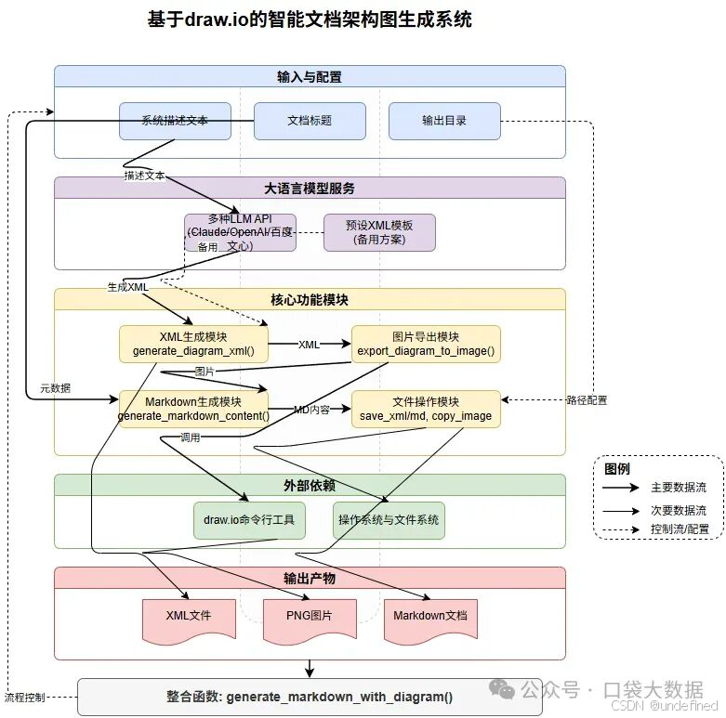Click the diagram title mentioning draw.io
pos(310,20)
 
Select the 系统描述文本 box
pos(175,121)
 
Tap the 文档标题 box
pos(310,121)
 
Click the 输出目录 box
pos(444,121)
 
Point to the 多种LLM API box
pos(240,232)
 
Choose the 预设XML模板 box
pos(379,232)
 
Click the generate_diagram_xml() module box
pos(193,344)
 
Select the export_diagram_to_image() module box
pos(426,344)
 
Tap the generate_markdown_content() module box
pos(193,409)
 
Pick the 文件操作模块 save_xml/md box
pos(426,409)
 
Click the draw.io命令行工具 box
pos(249,520)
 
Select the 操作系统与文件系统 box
pos(389,520)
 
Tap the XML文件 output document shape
pos(189,618)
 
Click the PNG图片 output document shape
pos(310,618)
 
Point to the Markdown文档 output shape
pos(430,618)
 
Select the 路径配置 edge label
pos(586,400)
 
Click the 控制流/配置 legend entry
pos(679,529)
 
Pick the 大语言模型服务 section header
pos(310,188)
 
